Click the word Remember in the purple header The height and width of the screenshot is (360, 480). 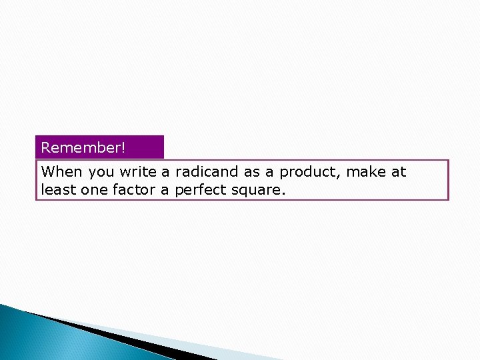pos(81,147)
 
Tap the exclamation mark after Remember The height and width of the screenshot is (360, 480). pos(123,147)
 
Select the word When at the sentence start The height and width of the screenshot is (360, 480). pos(61,172)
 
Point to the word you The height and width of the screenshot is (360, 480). pos(101,172)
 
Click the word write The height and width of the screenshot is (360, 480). pos(139,172)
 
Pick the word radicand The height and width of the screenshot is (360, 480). pos(207,172)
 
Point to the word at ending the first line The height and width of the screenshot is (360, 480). pos(399,172)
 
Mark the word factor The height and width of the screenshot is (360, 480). pos(129,190)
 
